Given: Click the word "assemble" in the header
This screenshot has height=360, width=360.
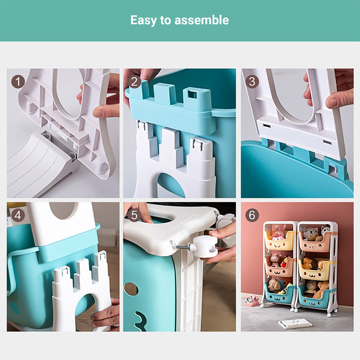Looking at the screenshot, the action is tap(202, 20).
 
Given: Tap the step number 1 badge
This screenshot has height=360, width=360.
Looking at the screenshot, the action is tap(18, 82).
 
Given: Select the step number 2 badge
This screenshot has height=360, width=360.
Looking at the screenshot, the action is tap(135, 82).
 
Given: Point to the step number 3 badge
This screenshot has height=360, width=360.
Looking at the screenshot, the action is tap(252, 82).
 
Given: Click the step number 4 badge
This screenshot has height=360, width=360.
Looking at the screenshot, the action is tap(18, 215).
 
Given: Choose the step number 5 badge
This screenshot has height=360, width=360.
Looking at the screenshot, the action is tap(135, 215).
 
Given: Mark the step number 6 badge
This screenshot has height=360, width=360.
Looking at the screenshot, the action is tap(252, 215).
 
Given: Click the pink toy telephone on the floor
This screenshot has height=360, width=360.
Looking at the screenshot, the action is tap(251, 301).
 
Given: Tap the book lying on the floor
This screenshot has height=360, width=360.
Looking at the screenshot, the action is tap(295, 323).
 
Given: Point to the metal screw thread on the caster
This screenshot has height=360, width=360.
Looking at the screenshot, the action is tap(183, 247).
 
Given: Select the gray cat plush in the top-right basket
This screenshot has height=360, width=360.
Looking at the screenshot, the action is tap(310, 233).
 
